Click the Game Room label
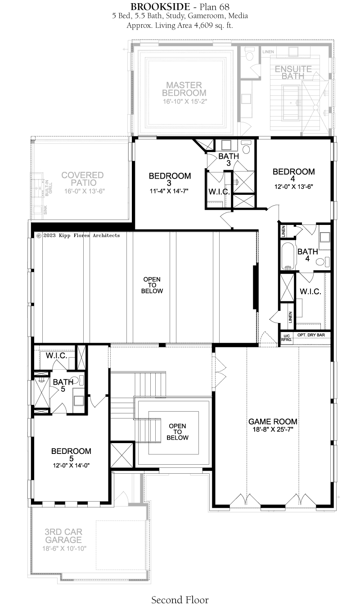(273, 422)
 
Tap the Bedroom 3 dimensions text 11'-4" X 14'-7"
(169, 191)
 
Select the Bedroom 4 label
(293, 175)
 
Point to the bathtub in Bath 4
(288, 256)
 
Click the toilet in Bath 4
(323, 262)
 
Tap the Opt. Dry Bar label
(311, 335)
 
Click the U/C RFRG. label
(287, 338)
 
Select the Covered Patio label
(82, 179)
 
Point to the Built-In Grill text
(49, 188)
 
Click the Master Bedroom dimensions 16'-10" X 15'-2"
(185, 102)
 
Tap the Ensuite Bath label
(293, 72)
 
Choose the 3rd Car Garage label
(63, 536)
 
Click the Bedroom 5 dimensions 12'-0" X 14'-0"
(72, 466)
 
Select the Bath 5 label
(63, 386)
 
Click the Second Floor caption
(180, 600)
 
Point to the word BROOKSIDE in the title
(157, 6)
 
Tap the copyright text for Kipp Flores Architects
(78, 235)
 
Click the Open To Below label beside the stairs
(177, 431)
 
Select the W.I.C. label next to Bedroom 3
(219, 192)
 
